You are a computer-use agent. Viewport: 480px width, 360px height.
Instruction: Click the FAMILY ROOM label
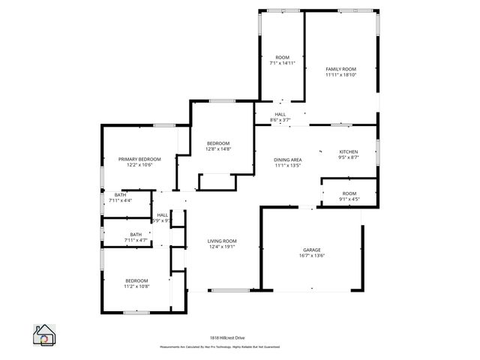click(x=340, y=69)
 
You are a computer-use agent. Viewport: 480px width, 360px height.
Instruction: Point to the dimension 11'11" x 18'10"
click(x=340, y=75)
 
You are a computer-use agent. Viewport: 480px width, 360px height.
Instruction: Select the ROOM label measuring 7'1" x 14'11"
click(x=282, y=58)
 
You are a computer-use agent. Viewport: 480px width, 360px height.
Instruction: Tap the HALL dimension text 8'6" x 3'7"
click(x=280, y=120)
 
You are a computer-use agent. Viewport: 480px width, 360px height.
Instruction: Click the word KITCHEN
click(x=349, y=151)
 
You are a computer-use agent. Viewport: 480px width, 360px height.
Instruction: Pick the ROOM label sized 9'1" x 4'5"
click(x=349, y=193)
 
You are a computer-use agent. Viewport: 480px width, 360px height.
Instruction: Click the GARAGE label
click(x=312, y=250)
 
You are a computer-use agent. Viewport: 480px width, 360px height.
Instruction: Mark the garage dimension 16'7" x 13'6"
click(x=312, y=256)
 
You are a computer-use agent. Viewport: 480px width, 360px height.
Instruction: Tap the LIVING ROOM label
click(x=222, y=241)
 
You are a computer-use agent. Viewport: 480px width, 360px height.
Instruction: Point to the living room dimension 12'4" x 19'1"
click(x=222, y=247)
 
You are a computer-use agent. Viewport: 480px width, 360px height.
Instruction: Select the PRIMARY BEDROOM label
click(x=139, y=159)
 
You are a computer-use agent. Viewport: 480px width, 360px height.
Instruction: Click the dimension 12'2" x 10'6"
click(x=139, y=165)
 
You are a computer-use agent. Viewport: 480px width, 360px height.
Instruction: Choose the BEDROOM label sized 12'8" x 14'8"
click(x=218, y=143)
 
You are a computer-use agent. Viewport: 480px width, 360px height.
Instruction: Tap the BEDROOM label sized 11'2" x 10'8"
click(x=136, y=280)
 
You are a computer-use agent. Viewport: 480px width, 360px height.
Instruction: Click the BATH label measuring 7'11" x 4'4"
click(x=120, y=195)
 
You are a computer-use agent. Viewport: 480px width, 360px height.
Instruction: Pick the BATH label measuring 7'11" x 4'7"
click(x=136, y=234)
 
